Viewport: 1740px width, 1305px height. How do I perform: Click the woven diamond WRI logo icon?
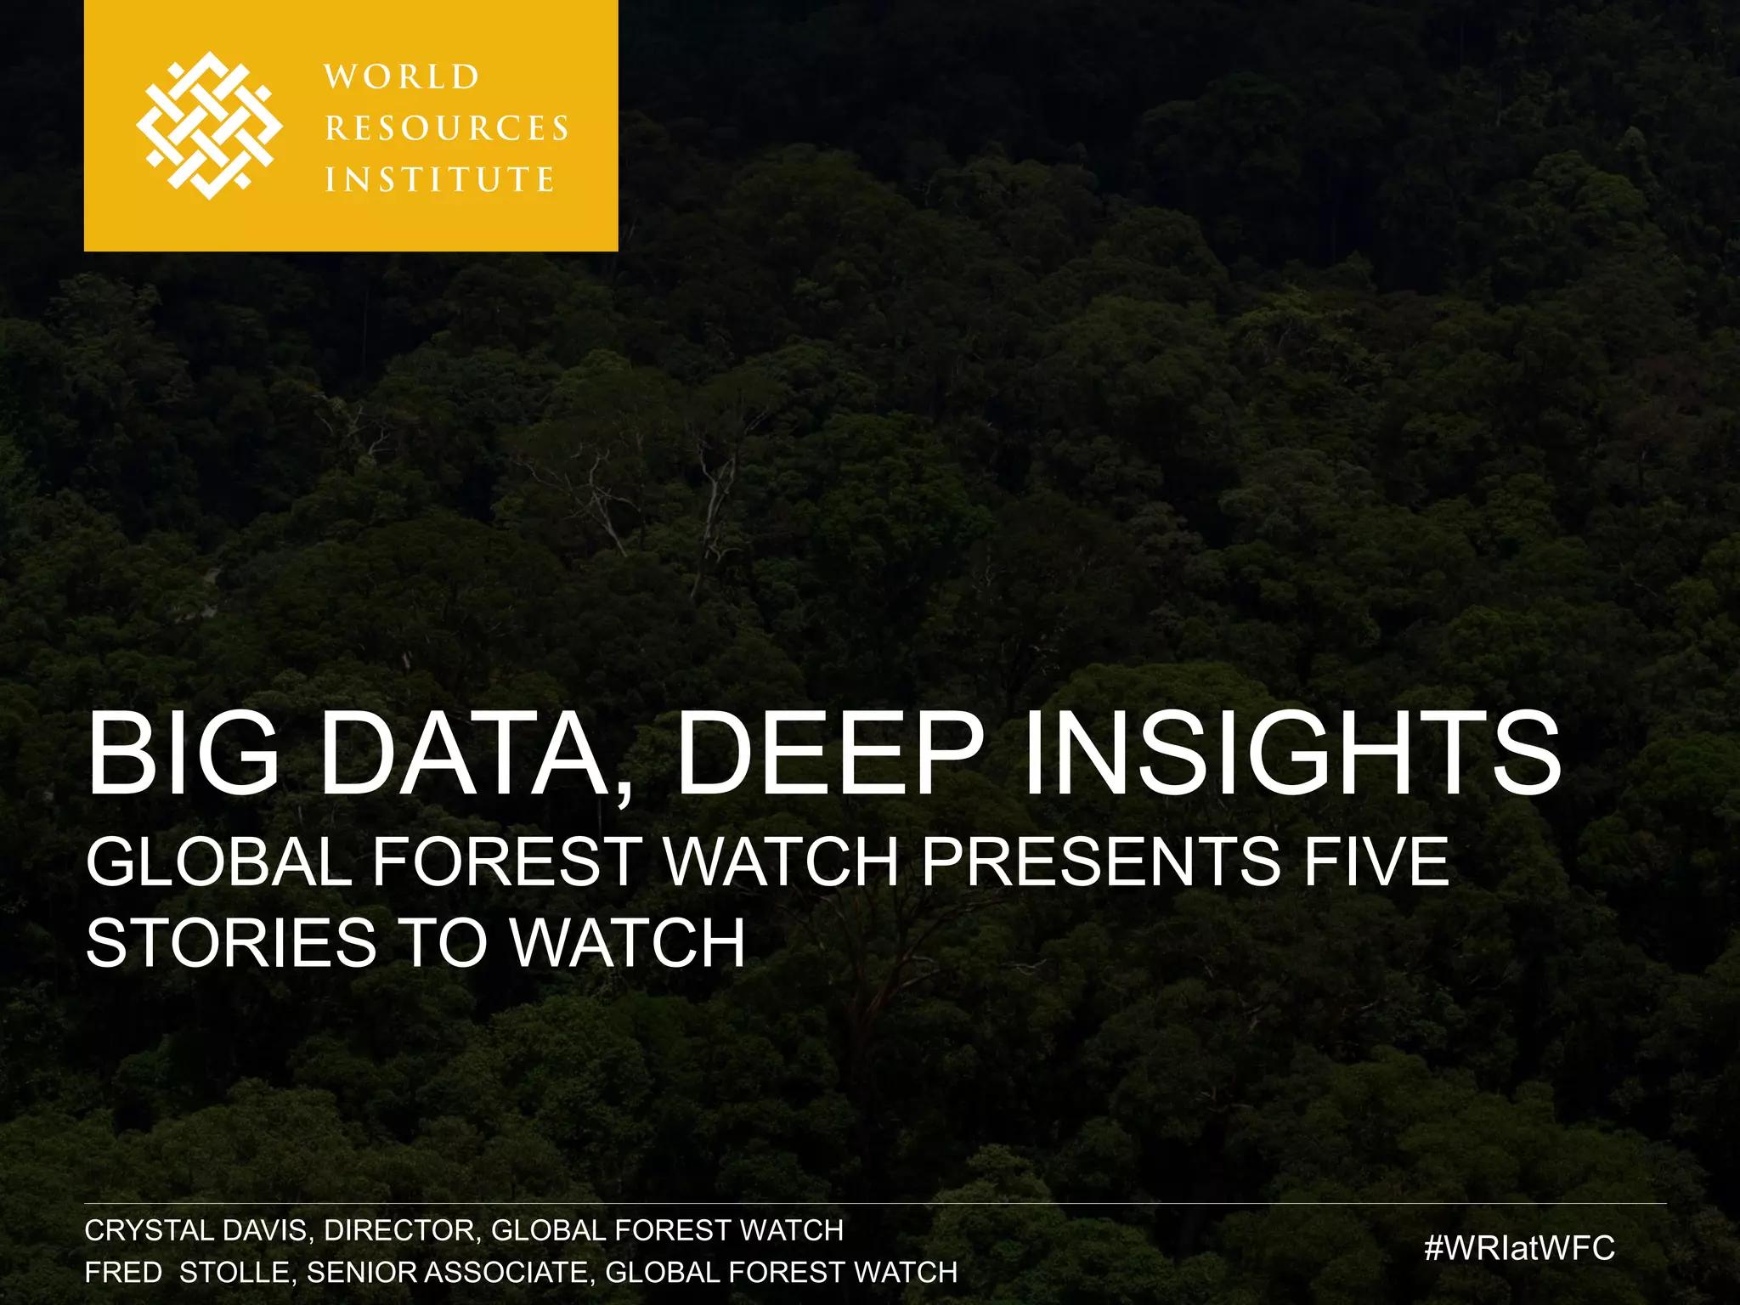coord(209,126)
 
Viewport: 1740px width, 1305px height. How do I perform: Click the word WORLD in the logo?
coord(402,77)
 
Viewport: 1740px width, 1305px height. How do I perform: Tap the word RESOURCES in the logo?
coord(447,128)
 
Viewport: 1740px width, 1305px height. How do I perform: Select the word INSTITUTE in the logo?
coord(440,179)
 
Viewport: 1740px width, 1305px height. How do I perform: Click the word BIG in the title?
coord(184,754)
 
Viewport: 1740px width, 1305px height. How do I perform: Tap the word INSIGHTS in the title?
coord(1291,754)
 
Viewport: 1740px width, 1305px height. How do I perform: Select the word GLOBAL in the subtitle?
coord(219,862)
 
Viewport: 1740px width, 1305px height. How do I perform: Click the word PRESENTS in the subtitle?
coord(1101,862)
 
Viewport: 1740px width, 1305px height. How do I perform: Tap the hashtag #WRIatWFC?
coord(1519,1247)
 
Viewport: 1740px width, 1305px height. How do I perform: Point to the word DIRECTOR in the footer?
coord(403,1230)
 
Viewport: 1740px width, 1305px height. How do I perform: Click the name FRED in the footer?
coord(123,1272)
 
